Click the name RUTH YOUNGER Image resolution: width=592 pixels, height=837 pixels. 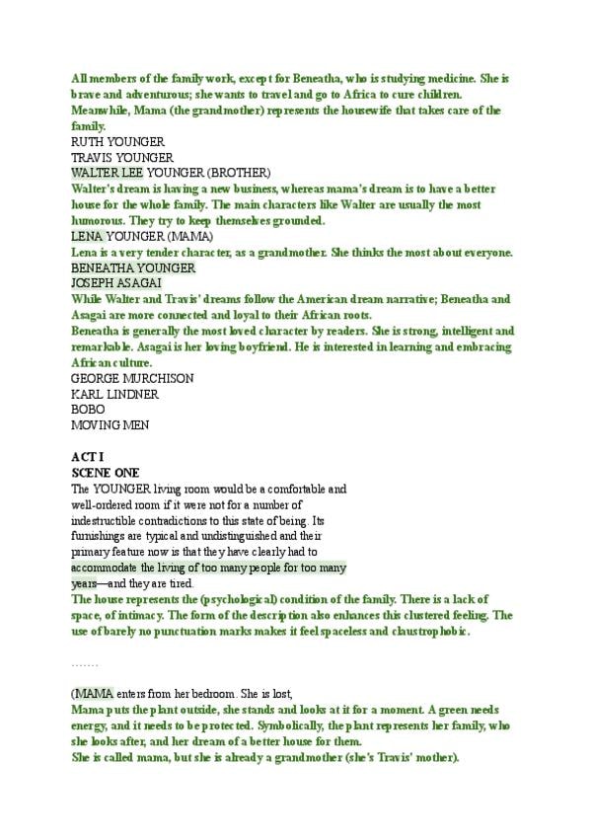[x=117, y=142]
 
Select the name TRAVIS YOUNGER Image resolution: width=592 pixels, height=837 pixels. [x=122, y=158]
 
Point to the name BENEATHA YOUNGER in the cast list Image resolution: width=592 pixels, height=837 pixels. [x=133, y=268]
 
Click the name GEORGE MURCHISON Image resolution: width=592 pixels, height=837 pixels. [x=132, y=378]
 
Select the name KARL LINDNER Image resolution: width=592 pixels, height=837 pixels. [x=114, y=394]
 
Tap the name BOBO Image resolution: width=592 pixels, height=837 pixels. [x=88, y=409]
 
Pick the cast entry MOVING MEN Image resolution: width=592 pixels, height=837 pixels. [x=108, y=424]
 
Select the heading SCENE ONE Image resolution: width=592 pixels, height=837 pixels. [x=106, y=473]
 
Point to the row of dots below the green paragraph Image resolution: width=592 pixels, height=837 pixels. [x=85, y=664]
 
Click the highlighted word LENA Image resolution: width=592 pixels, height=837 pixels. [x=87, y=237]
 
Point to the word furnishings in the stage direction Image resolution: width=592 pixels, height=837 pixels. [x=103, y=537]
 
